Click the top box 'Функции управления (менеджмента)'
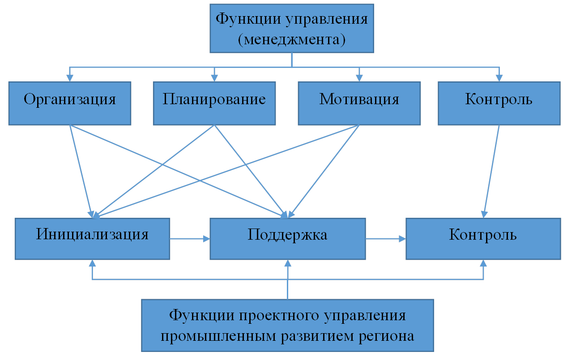(292, 29)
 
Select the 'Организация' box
(70, 103)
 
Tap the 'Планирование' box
(214, 103)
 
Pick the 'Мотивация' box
(359, 103)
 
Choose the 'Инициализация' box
(92, 239)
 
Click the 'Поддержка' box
(288, 239)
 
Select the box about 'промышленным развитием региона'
(288, 325)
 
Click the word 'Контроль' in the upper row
(499, 99)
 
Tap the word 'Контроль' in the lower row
(483, 235)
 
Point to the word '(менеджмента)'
(292, 40)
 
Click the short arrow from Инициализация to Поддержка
(190, 238)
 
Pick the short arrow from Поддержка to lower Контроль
(386, 238)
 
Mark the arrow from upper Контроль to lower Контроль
(491, 170)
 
